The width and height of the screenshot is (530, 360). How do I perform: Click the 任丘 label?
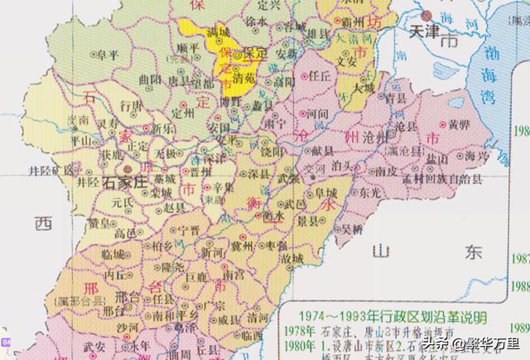click(x=320, y=75)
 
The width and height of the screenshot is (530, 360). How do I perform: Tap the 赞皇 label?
click(x=100, y=223)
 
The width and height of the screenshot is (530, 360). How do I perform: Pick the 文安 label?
click(x=347, y=60)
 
